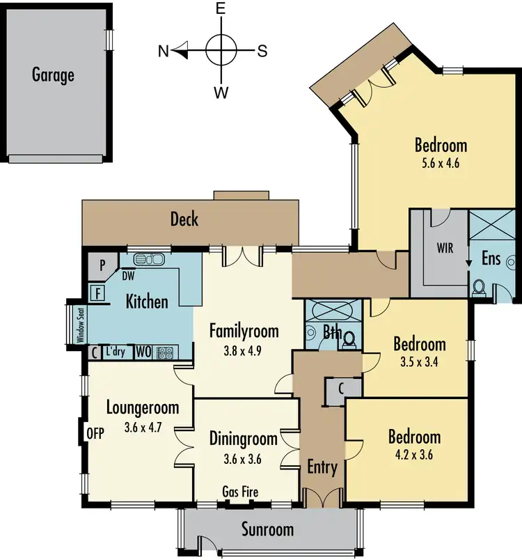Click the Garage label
click(x=53, y=75)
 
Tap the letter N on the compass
click(x=162, y=50)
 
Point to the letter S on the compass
click(x=262, y=50)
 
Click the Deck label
click(x=184, y=220)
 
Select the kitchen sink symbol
click(x=149, y=260)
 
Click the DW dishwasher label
click(x=129, y=276)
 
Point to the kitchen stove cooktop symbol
click(x=164, y=352)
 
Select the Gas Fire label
click(x=240, y=492)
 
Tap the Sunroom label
click(x=267, y=529)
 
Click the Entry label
click(x=322, y=467)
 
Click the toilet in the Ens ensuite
click(x=479, y=288)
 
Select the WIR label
click(x=445, y=248)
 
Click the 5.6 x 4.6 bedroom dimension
click(x=441, y=164)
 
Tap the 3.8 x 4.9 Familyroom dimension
click(x=244, y=349)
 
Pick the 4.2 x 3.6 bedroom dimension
click(x=413, y=455)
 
